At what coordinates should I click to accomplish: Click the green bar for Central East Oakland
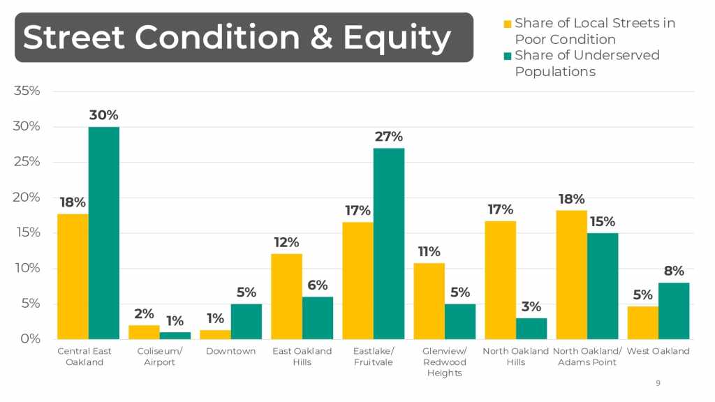click(x=104, y=233)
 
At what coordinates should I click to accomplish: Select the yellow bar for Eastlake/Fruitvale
click(x=357, y=281)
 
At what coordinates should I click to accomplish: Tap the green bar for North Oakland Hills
click(x=531, y=329)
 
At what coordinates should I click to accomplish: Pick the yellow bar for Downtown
click(x=215, y=335)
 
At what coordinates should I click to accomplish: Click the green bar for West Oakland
click(x=674, y=311)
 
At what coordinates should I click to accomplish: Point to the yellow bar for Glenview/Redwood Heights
click(x=429, y=301)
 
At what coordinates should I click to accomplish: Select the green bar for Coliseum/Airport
click(x=175, y=336)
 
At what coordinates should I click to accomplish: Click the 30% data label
click(x=104, y=115)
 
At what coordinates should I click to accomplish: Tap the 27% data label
click(x=389, y=137)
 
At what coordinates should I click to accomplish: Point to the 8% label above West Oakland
click(x=674, y=271)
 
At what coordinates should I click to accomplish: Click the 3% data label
click(x=531, y=306)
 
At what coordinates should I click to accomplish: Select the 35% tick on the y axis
click(x=27, y=91)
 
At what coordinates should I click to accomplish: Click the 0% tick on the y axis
click(x=30, y=339)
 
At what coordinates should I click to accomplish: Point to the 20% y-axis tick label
click(x=27, y=198)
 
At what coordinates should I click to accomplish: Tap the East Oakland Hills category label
click(x=302, y=357)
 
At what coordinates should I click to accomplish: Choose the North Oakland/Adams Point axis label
click(x=587, y=357)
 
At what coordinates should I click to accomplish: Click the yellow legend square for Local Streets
click(x=508, y=24)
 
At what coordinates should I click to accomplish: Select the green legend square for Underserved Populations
click(x=508, y=56)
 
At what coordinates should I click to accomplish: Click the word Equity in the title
click(x=397, y=37)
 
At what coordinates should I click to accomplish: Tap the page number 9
click(x=658, y=383)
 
